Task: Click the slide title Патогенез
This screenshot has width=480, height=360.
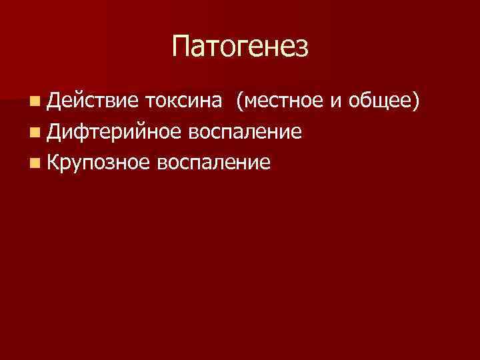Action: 240,47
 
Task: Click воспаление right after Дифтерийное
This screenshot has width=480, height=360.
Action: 245,132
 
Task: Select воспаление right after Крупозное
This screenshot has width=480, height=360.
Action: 214,163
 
